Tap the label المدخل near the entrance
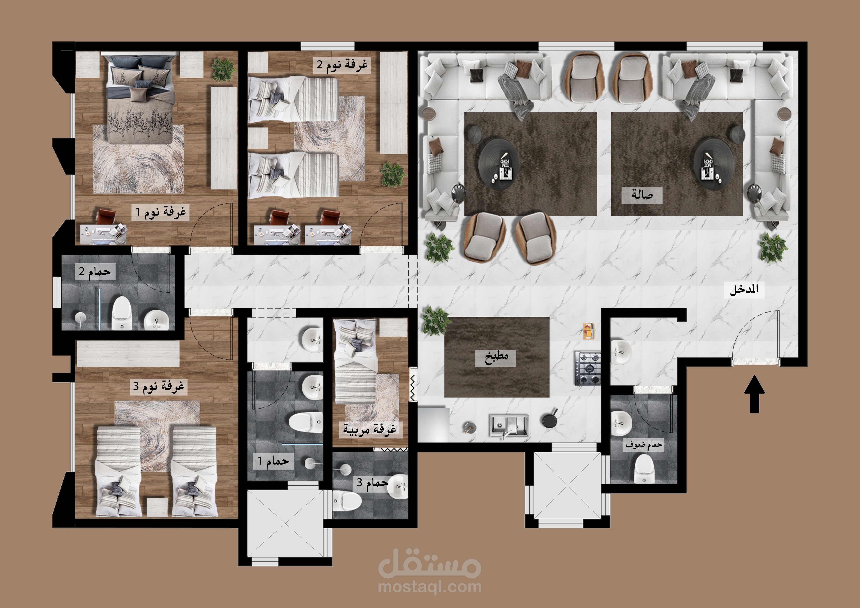[x=744, y=290]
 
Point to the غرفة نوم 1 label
[x=161, y=212]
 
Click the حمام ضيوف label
[x=644, y=445]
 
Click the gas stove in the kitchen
[x=588, y=368]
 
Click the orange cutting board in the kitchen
[x=588, y=331]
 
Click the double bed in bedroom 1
[x=140, y=99]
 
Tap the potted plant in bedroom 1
[x=223, y=69]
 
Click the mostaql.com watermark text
[x=430, y=587]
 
